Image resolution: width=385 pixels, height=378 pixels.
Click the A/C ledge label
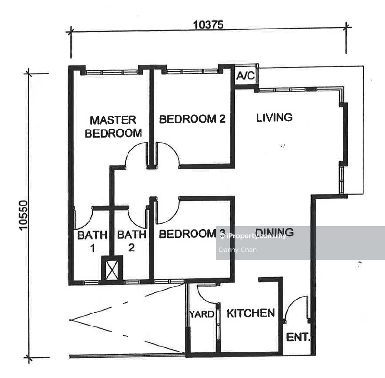click(245, 76)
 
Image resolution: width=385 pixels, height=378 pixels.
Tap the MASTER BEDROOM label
click(113, 127)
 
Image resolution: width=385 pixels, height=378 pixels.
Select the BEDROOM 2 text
click(192, 119)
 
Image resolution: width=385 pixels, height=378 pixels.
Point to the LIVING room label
click(274, 117)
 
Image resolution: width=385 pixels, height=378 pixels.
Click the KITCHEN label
click(251, 313)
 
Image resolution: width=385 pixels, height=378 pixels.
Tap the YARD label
click(202, 314)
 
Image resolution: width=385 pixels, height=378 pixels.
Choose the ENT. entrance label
click(298, 337)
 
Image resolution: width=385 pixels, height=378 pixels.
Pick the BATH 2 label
click(132, 241)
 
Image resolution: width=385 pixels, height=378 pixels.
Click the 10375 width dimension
click(208, 25)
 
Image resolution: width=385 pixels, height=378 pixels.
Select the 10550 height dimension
click(24, 215)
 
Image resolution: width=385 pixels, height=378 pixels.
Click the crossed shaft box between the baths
click(112, 270)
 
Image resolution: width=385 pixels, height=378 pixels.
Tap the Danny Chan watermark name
click(238, 250)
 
